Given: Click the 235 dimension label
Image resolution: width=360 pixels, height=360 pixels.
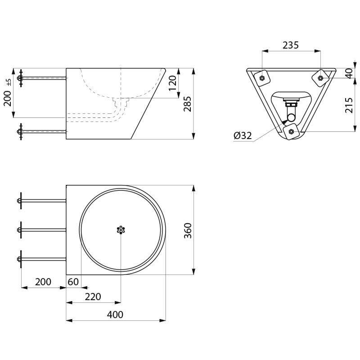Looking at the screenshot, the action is (x=290, y=45).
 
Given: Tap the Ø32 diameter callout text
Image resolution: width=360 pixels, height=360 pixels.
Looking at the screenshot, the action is (x=243, y=136).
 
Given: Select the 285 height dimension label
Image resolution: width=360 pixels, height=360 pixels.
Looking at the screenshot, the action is (x=187, y=104).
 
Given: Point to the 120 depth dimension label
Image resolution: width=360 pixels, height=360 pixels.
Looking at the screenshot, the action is (x=172, y=83).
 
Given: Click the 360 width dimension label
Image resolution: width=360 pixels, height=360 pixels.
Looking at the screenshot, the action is (x=188, y=230).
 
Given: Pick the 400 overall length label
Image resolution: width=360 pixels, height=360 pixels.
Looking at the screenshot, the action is (x=115, y=314).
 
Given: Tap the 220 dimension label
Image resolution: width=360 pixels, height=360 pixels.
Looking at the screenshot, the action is (x=93, y=297).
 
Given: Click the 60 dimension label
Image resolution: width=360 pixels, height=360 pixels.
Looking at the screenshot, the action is (x=73, y=282).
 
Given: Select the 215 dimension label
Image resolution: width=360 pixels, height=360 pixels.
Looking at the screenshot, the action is (x=349, y=105).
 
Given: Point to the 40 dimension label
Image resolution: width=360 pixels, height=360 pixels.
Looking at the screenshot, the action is (x=349, y=73).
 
